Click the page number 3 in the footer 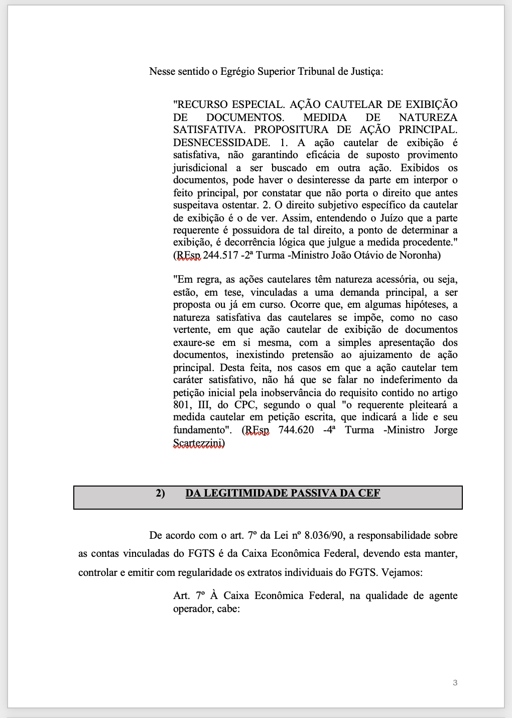pos(455,682)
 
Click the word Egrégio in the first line pos(237,71)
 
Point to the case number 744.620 pos(296,430)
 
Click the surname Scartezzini pos(199,443)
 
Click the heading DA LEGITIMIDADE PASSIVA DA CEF pos(283,493)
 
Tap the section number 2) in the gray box pos(160,493)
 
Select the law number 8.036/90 pos(324,535)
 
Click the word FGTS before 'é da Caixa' pos(201,553)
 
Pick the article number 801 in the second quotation pos(181,405)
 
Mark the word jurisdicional pos(200,168)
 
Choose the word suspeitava pos(196,205)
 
